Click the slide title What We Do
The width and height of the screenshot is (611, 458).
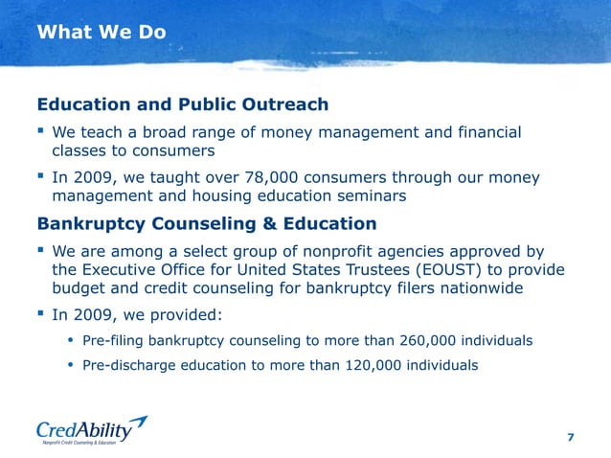point(101,33)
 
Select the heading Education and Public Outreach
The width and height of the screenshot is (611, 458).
point(182,104)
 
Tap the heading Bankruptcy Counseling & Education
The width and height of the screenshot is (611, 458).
point(206,224)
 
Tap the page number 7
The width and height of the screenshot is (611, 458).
point(571,437)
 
